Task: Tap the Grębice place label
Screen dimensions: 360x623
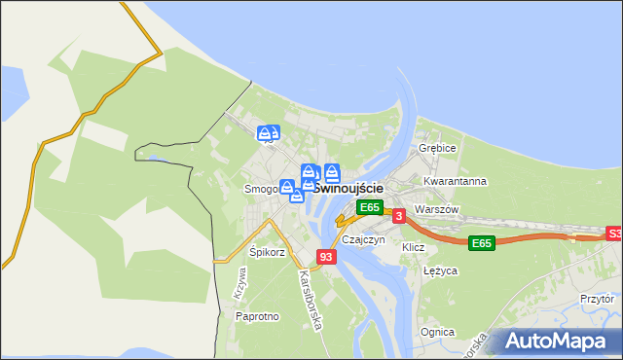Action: coord(437,148)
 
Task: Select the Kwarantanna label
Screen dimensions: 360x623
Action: coord(455,181)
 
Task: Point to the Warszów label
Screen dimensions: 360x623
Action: coord(435,209)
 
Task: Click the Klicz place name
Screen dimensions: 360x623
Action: coord(414,248)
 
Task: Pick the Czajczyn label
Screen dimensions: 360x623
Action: coord(363,239)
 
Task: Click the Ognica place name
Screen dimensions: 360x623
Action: coord(437,332)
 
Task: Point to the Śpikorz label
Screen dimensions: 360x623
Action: coord(266,252)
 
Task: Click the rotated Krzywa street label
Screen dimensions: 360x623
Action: coord(240,283)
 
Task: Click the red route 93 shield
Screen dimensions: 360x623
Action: coord(326,257)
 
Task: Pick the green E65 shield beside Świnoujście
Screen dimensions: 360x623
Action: coord(369,207)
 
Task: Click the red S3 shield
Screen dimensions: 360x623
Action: coord(613,234)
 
